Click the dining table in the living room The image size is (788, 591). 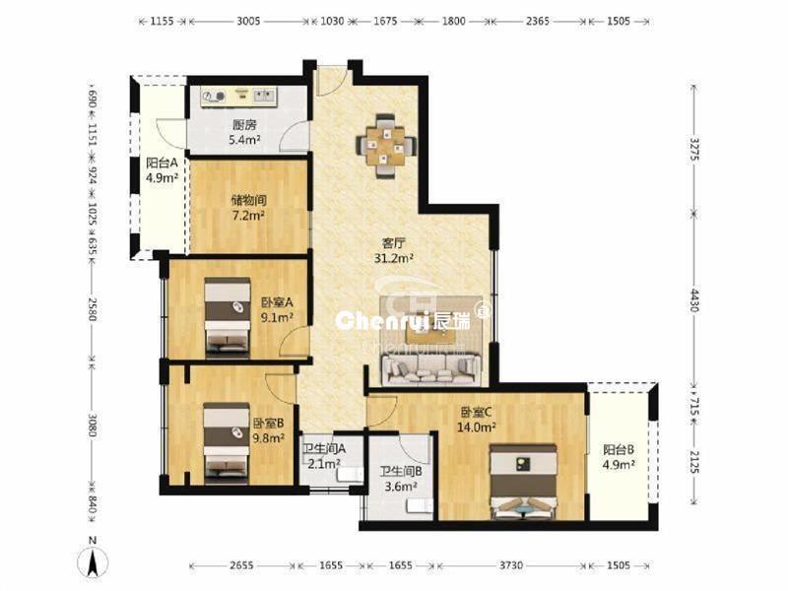coord(385,146)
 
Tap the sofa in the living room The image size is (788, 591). coord(429,369)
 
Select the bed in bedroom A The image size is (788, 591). coord(228,316)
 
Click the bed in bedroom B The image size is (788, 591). coord(227,442)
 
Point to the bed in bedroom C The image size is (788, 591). coord(523,481)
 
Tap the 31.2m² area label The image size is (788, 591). coord(393,259)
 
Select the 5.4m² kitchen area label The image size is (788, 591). coord(244,140)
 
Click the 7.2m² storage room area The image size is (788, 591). coord(248,216)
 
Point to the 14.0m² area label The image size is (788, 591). coord(477,427)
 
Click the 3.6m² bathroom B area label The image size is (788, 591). coord(401,486)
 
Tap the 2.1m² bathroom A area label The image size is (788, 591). coord(324,463)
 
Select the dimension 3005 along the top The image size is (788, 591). coord(248,21)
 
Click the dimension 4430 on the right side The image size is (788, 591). coord(694,299)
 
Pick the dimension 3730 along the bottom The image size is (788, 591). coord(510,565)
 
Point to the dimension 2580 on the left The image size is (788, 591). coord(93,309)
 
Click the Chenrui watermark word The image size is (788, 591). coord(382,321)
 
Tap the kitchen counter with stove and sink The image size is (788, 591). coord(238,97)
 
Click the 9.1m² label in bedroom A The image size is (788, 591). coord(277,317)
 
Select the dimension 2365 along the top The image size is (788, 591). coord(537,21)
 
